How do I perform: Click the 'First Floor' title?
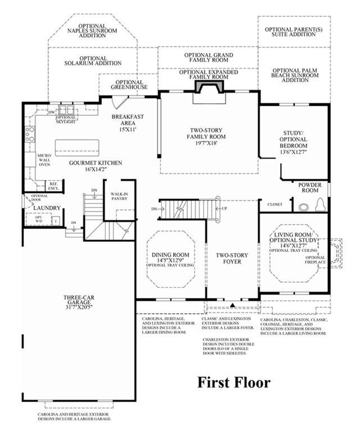233,383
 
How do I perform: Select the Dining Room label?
170,258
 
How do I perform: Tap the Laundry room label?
47,208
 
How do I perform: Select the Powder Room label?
309,187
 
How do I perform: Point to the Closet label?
275,204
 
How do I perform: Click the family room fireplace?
209,87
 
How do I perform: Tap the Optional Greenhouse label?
129,85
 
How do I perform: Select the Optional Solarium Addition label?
93,61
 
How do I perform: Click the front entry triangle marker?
232,304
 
